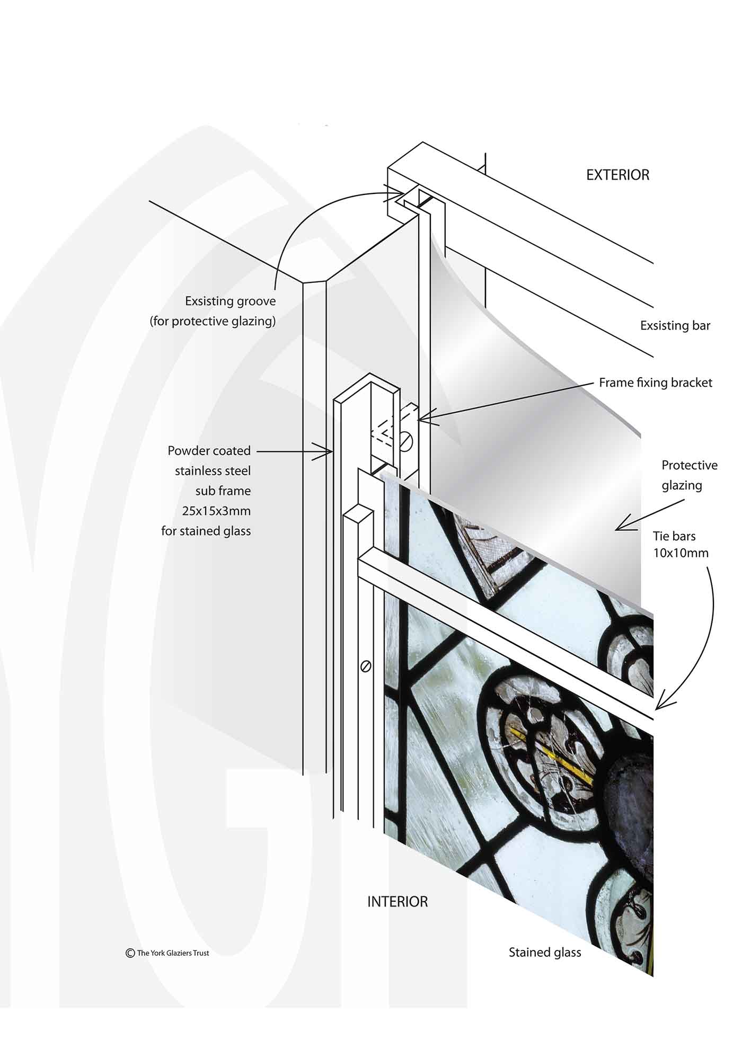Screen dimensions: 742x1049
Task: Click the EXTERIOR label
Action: coord(617,175)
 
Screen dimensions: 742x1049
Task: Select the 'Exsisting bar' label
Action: coord(675,325)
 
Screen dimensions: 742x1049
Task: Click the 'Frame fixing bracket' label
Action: coord(656,383)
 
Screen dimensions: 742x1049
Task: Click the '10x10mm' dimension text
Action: coord(681,553)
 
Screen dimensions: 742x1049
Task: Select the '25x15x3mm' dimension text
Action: coord(216,511)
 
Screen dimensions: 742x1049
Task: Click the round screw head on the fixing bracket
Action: coord(406,439)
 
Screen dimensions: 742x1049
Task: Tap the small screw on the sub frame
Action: coord(365,666)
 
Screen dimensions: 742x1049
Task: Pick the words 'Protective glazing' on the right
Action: coord(689,475)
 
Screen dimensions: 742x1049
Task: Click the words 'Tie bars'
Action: coord(674,536)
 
